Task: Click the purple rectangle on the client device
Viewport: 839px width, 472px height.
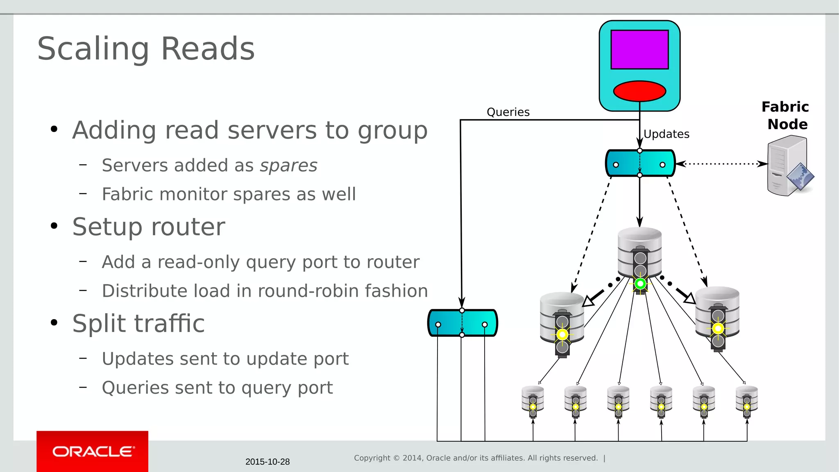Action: point(639,50)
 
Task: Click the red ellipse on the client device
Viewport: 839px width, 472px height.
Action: point(639,91)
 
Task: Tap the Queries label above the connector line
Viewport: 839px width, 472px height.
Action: point(508,112)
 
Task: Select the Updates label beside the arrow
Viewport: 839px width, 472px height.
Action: point(666,134)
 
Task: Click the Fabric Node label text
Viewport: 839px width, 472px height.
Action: point(786,116)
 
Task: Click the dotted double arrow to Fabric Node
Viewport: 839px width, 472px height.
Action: point(721,164)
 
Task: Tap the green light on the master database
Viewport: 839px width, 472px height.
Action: point(640,284)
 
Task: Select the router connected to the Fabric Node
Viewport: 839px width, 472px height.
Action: point(640,163)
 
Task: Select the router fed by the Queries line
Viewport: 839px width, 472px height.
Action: point(463,323)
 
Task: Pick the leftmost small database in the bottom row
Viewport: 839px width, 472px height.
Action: point(533,401)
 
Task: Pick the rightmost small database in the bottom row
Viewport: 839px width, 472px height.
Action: point(746,401)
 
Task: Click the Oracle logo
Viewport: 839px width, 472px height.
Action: point(93,451)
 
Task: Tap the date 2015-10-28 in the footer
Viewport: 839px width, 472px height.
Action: point(268,462)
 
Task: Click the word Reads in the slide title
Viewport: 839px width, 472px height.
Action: point(208,49)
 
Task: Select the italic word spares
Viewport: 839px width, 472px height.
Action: point(288,166)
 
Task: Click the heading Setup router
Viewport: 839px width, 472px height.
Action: point(149,227)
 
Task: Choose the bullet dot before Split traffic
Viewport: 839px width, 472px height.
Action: point(54,323)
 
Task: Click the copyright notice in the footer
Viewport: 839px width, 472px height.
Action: point(476,458)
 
